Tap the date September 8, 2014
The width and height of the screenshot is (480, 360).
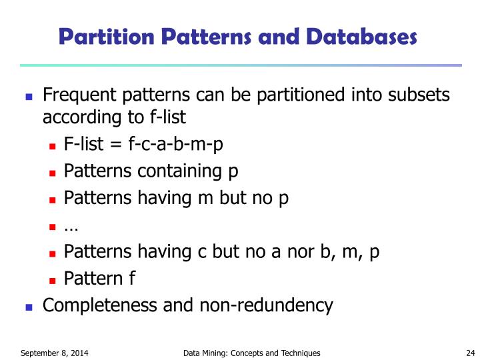(55, 353)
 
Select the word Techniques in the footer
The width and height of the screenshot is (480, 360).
(297, 353)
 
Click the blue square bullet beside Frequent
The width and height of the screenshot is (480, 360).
(29, 96)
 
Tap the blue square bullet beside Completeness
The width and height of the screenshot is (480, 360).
(29, 307)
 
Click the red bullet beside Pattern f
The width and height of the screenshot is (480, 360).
(53, 279)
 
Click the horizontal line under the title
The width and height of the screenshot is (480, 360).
(240, 65)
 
